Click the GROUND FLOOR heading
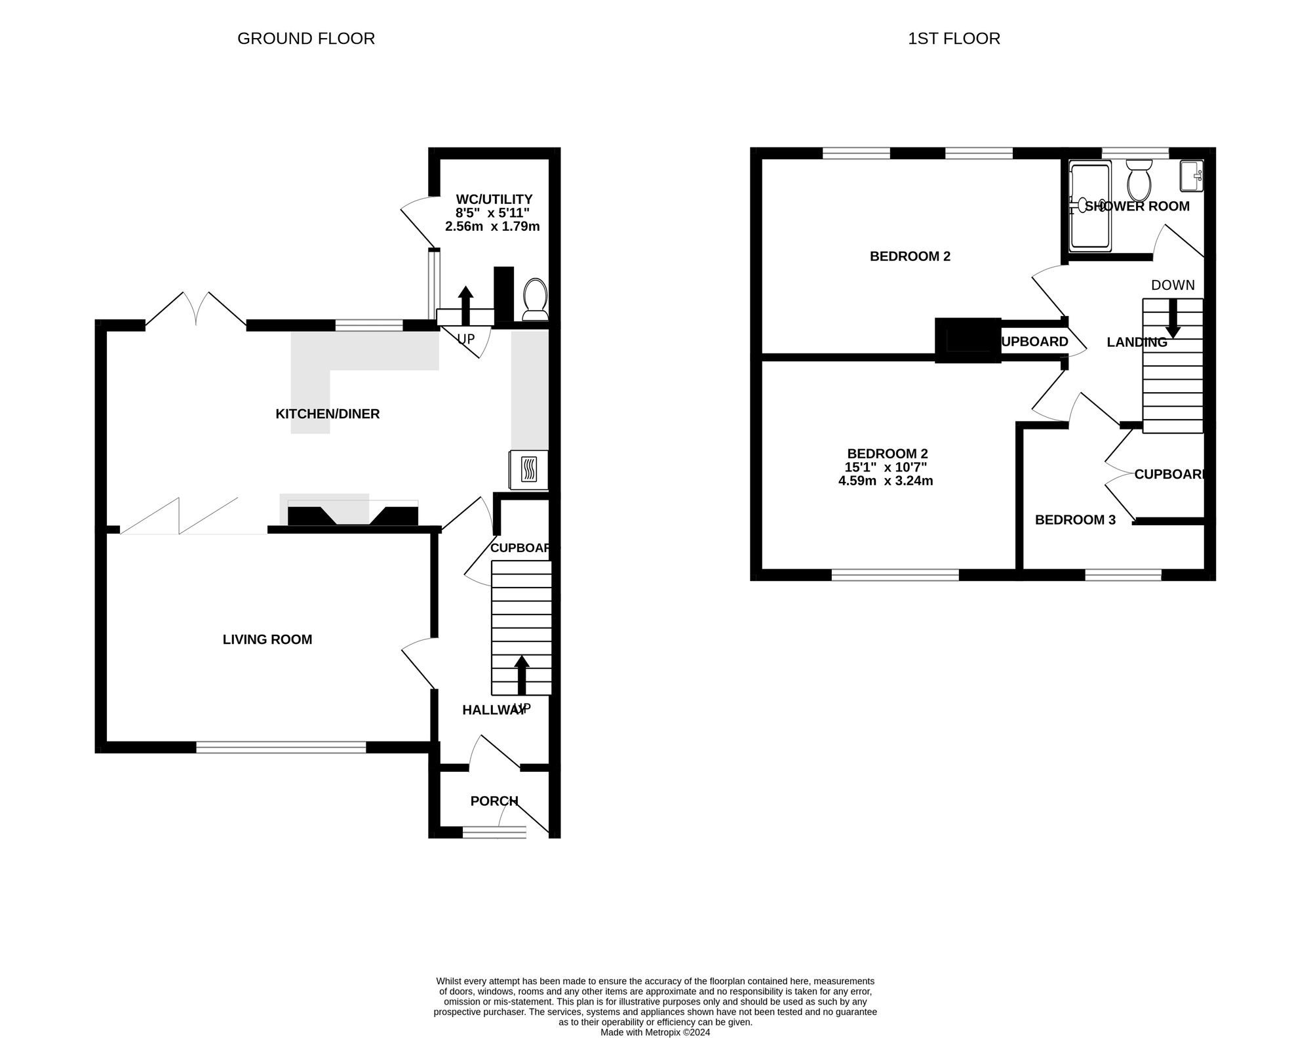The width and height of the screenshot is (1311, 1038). click(306, 39)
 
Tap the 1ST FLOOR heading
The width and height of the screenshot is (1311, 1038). click(954, 39)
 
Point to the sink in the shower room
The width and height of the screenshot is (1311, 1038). click(1192, 176)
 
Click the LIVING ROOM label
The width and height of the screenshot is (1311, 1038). click(267, 639)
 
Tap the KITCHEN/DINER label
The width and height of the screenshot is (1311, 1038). click(328, 414)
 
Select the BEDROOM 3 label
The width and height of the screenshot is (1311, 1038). click(1075, 520)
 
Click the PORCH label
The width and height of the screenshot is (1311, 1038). click(494, 801)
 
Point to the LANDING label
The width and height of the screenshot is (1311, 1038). click(1137, 342)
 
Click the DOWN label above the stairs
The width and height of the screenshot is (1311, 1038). click(1173, 285)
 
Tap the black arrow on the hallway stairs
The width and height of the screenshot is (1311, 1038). click(522, 675)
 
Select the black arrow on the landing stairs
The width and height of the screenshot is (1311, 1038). click(1173, 319)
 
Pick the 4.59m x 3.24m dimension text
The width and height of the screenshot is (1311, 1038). click(886, 481)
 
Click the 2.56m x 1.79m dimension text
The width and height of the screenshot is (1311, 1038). click(492, 227)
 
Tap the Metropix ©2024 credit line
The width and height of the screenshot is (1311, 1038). click(655, 1032)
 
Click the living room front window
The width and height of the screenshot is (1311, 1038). click(281, 747)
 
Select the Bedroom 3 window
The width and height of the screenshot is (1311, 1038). click(1124, 575)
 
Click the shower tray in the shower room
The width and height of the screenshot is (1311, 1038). click(1090, 207)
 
